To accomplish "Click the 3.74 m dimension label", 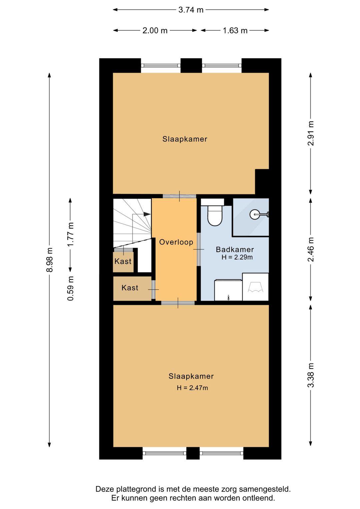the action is coord(191,10).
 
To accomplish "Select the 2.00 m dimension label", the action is coord(155,30).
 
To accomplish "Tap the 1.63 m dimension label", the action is coord(235,30).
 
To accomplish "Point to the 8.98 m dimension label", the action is coord(50,260).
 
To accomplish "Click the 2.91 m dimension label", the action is coord(311,133).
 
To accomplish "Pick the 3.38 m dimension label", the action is coord(311,375).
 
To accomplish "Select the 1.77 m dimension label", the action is coord(70,234).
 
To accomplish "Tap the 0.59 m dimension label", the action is coord(70,289).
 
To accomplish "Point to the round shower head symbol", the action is coord(254,214).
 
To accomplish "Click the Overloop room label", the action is coord(176,242).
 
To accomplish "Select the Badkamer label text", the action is coord(235,249).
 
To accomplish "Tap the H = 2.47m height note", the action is coord(192,388).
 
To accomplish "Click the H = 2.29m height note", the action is coord(237,258).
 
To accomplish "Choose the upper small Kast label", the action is coord(123,261).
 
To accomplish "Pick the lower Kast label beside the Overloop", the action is coord(130,288).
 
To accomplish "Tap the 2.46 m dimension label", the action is coord(311,249).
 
